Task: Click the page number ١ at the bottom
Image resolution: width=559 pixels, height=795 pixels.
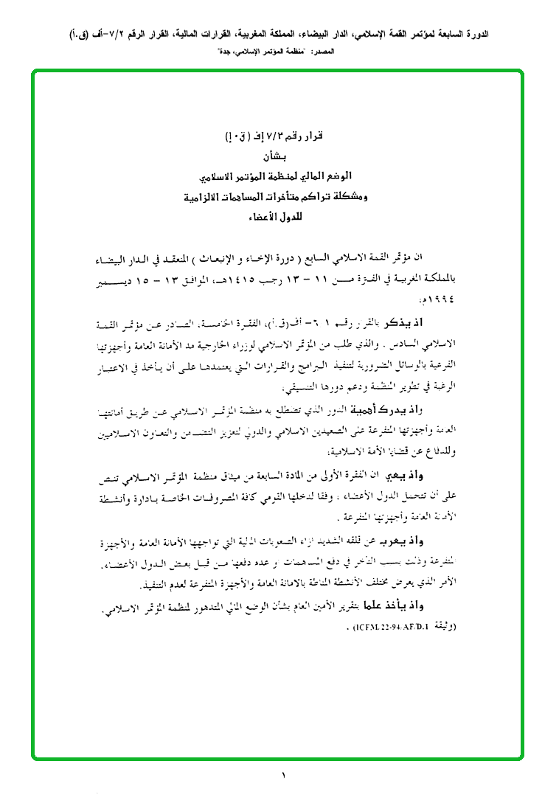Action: (x=282, y=775)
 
